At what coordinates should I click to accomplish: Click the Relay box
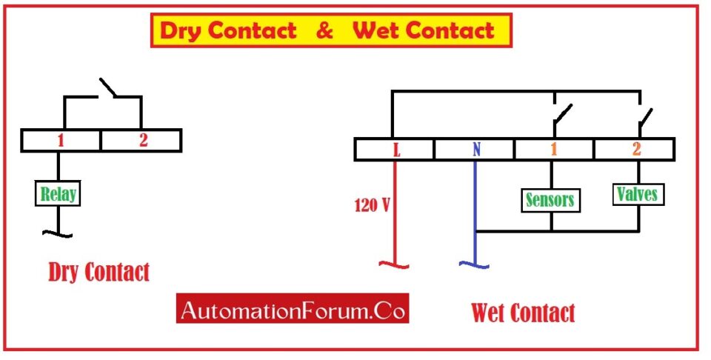57,195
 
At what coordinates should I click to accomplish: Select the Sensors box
550,199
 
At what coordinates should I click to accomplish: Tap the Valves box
636,194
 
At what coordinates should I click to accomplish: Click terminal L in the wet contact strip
397,150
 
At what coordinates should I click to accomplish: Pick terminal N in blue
475,150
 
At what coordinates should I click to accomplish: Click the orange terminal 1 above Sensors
553,150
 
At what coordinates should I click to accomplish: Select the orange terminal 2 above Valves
635,150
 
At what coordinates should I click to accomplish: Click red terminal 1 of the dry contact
60,140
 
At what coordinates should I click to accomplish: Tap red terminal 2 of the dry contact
142,140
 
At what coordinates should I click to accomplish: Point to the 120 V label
372,205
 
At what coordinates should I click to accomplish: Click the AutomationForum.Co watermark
292,308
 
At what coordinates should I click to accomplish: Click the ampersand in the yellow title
324,31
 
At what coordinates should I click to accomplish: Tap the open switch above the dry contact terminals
109,88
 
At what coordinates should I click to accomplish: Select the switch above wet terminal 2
646,115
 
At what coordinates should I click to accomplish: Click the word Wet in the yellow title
375,31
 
